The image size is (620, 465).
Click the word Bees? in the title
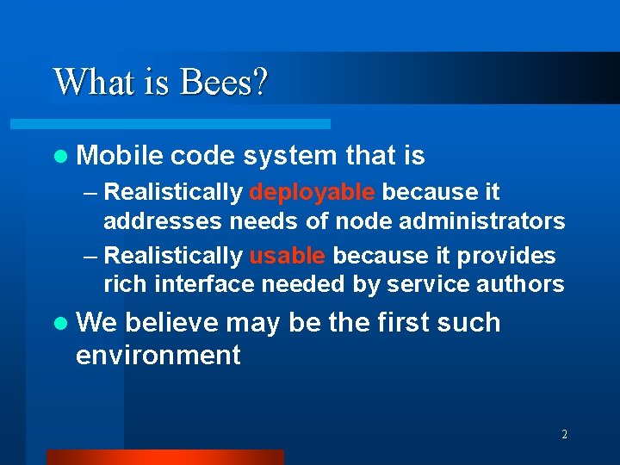[225, 83]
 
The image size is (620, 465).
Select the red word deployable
[313, 191]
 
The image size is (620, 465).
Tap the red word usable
[288, 256]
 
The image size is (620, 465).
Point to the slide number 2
[564, 435]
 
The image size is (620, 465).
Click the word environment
[158, 355]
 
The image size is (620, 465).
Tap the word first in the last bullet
[404, 323]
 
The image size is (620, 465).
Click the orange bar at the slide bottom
[164, 456]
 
